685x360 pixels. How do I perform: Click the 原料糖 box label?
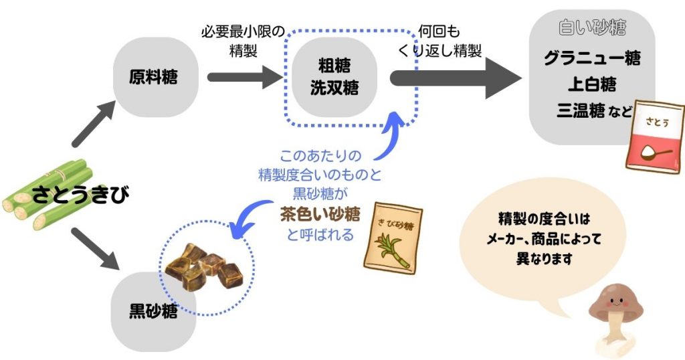[153, 77]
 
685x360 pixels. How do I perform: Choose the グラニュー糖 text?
[592, 58]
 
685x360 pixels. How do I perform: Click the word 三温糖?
[580, 110]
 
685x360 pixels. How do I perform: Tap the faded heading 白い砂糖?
[592, 28]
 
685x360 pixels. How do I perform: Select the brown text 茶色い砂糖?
[319, 215]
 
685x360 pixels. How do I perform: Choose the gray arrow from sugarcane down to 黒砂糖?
[94, 250]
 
